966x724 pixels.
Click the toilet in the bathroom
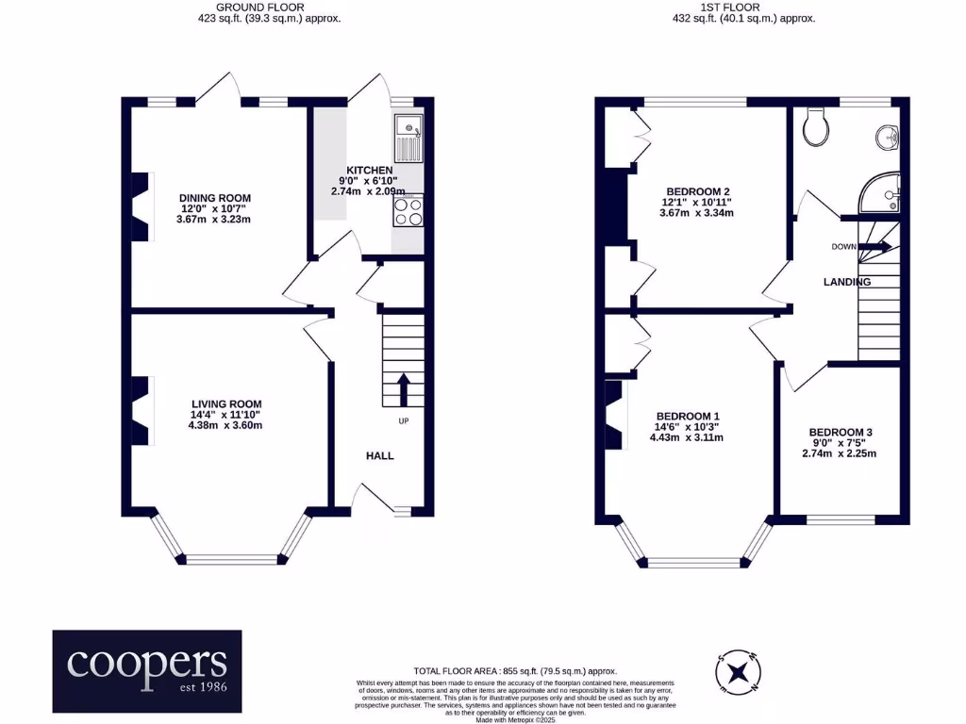click(816, 127)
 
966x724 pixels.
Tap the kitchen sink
click(408, 139)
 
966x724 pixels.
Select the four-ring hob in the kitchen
click(408, 210)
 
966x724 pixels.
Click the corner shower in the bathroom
click(880, 192)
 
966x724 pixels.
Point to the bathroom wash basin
click(887, 138)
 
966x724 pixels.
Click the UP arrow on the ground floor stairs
click(404, 389)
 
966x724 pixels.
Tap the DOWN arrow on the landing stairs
click(874, 247)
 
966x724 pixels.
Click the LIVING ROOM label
click(226, 403)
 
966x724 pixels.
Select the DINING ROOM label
click(215, 198)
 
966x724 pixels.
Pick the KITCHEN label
click(369, 171)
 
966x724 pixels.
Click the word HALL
click(379, 455)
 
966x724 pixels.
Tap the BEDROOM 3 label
click(841, 432)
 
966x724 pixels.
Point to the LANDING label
click(847, 282)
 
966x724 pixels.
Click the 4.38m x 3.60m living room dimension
click(225, 425)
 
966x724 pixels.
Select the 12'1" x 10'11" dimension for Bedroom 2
click(696, 203)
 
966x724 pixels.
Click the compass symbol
click(738, 672)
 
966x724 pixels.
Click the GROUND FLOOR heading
click(260, 8)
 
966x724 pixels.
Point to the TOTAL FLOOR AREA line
click(515, 671)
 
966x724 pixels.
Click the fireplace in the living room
click(142, 410)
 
